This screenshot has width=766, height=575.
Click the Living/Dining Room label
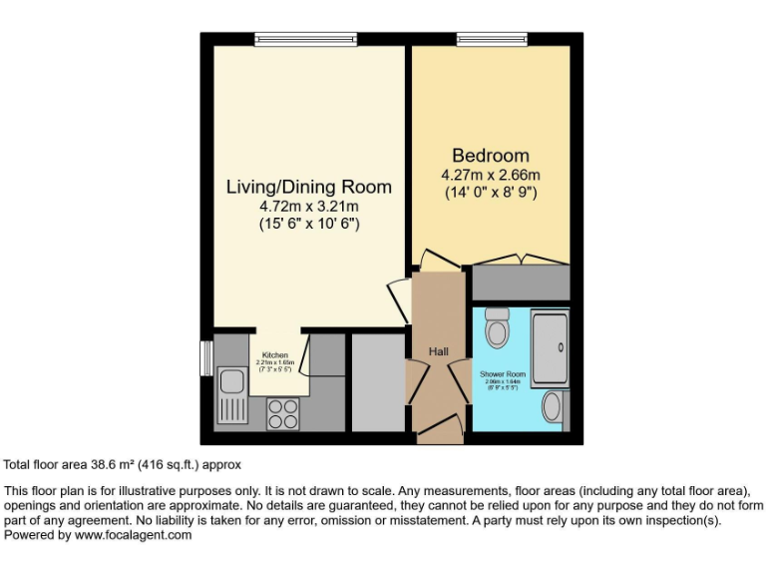308,187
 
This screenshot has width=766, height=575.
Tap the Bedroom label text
491,156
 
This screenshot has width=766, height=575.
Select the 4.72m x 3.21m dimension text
308,207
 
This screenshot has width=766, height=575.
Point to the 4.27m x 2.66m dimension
491,175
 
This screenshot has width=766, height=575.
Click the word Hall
438,351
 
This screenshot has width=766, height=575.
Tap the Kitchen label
275,355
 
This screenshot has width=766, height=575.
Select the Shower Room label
502,374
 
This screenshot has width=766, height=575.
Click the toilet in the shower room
496,328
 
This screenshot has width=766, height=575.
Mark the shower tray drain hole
561,348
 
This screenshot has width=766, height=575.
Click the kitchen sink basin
230,382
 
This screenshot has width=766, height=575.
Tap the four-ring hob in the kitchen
282,413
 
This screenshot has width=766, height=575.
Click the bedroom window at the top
491,40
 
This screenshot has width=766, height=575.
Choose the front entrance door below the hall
439,431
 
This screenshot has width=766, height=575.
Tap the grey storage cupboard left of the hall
375,382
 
